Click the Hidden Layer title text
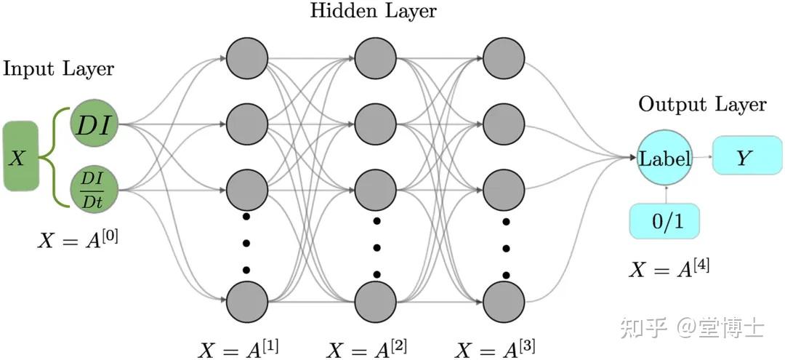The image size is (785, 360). click(374, 11)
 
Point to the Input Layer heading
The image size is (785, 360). click(59, 69)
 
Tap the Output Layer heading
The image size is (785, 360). click(702, 105)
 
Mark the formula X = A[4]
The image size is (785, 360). click(669, 268)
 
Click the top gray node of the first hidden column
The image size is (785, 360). click(247, 59)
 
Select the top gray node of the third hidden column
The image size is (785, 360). click(504, 59)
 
